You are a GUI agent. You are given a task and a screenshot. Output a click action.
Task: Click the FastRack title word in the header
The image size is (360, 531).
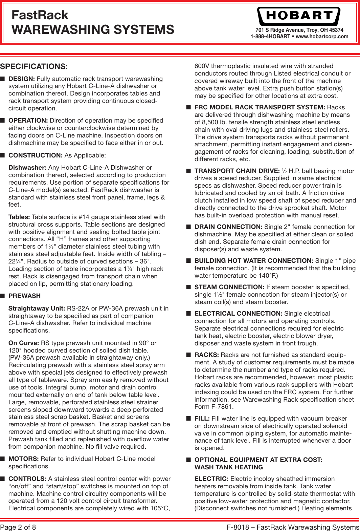(x=40, y=15)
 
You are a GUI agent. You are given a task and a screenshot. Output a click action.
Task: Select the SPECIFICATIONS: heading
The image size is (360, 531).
(x=34, y=66)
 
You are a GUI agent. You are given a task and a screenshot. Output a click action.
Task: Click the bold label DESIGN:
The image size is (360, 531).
(x=21, y=79)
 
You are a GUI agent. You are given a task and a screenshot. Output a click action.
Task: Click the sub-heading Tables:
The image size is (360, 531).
(x=19, y=217)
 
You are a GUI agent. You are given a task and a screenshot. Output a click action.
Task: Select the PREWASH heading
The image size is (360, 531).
(x=24, y=296)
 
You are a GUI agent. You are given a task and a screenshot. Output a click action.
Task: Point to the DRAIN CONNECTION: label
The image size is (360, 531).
(x=228, y=227)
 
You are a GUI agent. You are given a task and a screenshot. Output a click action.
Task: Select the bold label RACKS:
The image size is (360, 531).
(x=206, y=355)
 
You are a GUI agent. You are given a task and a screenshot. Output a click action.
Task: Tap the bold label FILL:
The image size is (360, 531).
(x=202, y=419)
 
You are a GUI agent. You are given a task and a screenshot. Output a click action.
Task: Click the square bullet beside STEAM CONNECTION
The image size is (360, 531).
(x=188, y=287)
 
